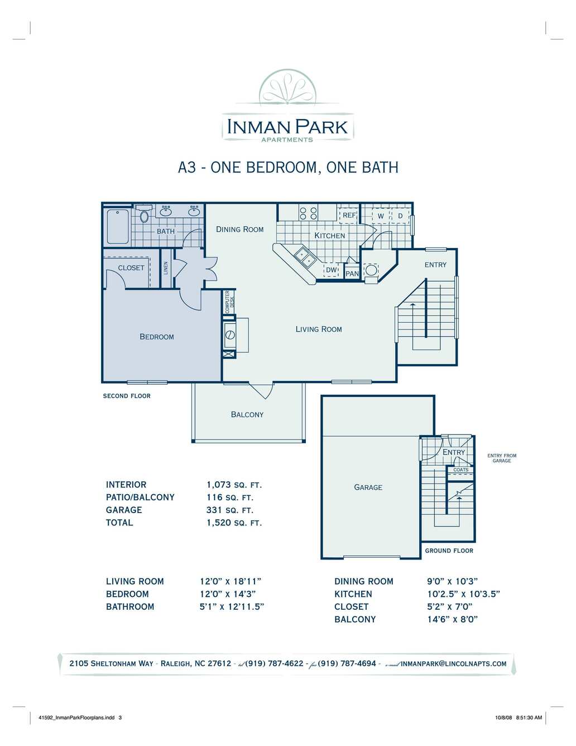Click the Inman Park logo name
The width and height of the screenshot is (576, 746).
tap(287, 127)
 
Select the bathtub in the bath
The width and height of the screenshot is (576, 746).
tap(117, 227)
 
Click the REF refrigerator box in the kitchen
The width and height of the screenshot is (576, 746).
tap(349, 215)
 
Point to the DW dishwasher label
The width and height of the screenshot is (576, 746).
tap(332, 270)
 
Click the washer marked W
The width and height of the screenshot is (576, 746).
tap(381, 216)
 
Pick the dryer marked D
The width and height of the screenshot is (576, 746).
tap(400, 216)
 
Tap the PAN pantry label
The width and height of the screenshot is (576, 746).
tap(352, 274)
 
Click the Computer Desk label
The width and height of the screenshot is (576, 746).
tap(229, 302)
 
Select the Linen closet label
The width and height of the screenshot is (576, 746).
tap(166, 268)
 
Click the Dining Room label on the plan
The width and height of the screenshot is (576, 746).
tap(240, 229)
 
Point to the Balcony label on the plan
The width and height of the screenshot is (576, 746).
tap(247, 414)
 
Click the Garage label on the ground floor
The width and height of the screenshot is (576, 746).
tap(368, 487)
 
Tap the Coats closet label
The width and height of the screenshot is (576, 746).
tap(460, 470)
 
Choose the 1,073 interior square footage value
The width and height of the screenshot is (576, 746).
tap(219, 485)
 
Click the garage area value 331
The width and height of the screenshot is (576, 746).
tap(214, 510)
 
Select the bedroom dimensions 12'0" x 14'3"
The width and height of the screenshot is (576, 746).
tap(228, 594)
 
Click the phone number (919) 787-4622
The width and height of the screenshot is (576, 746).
tap(275, 663)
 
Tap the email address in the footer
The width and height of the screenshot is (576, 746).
tap(453, 663)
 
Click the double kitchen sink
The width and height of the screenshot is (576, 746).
tap(305, 257)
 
